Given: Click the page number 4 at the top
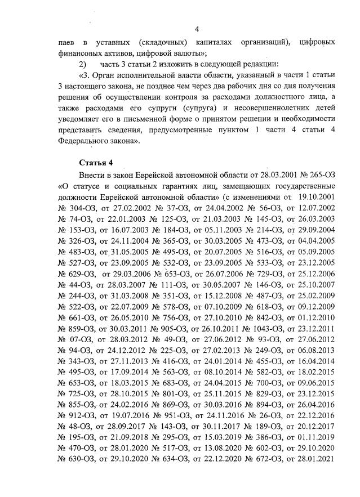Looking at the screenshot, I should (x=197, y=29).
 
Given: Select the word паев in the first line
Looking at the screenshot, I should (x=68, y=42).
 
